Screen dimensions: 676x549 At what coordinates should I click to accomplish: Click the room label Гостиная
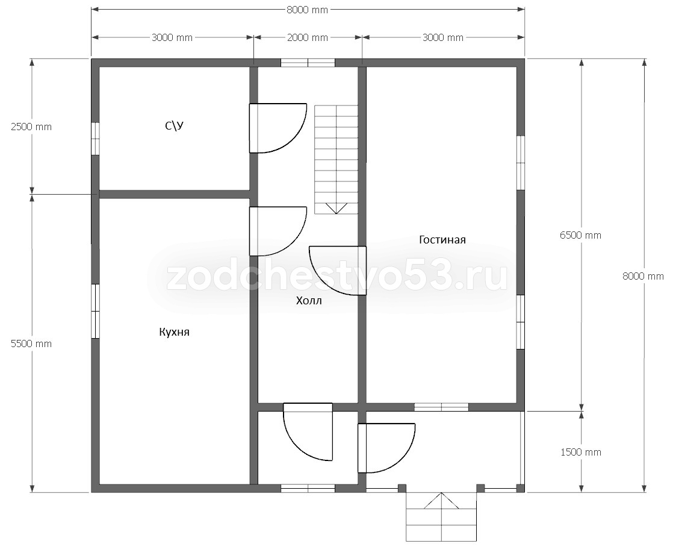(442, 239)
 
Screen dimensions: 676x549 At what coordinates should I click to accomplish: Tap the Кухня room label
(174, 332)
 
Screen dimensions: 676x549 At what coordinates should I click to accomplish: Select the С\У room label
(174, 125)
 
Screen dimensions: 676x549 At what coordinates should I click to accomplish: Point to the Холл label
(309, 300)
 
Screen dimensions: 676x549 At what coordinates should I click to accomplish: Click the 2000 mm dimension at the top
(308, 37)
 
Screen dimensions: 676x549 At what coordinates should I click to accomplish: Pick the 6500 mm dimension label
(580, 235)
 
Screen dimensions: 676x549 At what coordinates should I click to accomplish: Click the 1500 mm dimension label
(580, 452)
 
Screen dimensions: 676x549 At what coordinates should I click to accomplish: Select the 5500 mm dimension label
(31, 344)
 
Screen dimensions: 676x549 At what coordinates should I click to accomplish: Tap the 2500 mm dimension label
(31, 127)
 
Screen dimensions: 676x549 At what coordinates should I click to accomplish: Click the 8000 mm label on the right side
(643, 276)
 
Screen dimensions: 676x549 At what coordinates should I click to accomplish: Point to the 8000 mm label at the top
(308, 10)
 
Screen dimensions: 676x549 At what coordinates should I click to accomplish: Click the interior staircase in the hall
(336, 159)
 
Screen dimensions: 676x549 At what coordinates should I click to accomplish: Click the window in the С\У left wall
(95, 138)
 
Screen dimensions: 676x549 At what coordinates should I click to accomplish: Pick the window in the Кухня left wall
(95, 311)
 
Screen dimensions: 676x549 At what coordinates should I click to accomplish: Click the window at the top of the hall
(308, 63)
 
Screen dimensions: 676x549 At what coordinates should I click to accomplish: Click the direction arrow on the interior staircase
(336, 208)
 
